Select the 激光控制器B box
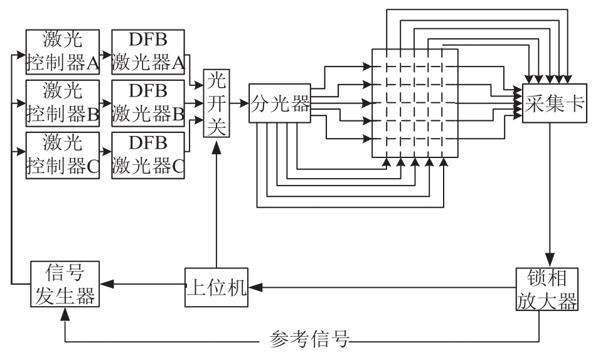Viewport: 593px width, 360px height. (62, 103)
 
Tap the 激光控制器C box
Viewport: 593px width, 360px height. (62, 156)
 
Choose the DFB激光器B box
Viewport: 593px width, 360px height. (148, 103)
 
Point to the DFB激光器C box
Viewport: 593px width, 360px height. (148, 156)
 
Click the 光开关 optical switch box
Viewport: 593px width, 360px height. (216, 104)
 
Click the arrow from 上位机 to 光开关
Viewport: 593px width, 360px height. (216, 207)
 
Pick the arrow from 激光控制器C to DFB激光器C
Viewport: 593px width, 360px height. (105, 151)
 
